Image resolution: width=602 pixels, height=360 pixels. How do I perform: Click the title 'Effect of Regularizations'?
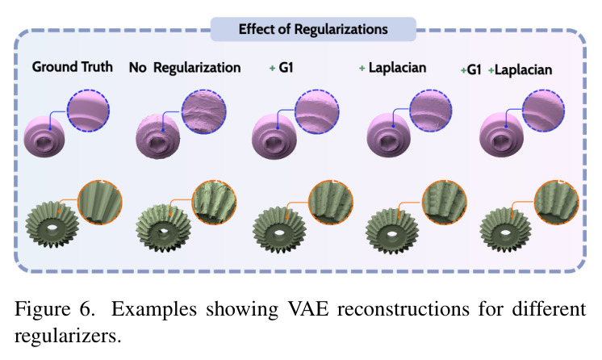[313, 29]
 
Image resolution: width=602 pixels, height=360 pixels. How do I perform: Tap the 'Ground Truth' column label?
[72, 67]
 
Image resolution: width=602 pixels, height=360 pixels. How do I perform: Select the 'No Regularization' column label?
[185, 68]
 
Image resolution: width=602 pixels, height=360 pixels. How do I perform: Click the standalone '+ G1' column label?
[281, 68]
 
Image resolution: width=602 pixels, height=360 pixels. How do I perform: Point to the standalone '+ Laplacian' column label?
[392, 68]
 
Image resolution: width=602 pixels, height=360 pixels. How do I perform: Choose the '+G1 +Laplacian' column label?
[506, 70]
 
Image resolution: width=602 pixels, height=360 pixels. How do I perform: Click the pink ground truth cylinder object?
[44, 136]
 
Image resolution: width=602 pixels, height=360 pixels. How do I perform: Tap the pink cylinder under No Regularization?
[158, 136]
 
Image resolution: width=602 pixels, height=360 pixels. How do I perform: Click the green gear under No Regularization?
[164, 229]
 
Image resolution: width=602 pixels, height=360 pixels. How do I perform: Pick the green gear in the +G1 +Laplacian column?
[506, 230]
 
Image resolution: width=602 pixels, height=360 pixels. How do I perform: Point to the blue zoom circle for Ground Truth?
[88, 111]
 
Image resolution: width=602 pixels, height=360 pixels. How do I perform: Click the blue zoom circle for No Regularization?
[204, 111]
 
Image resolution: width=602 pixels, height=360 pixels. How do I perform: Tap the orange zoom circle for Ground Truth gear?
[100, 203]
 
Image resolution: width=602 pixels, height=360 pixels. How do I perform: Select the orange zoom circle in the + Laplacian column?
[444, 203]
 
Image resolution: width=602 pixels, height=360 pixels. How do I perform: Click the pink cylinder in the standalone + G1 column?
[274, 136]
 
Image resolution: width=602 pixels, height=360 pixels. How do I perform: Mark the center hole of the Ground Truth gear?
[52, 229]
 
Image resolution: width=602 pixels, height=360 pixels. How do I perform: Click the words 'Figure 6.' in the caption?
[54, 309]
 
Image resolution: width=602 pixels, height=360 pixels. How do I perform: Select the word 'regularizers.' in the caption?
[68, 336]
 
